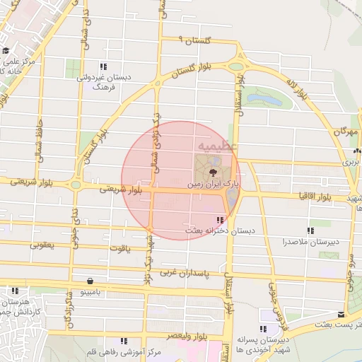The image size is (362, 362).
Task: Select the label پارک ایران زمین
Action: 214,183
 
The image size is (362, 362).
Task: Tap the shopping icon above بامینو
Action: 89,280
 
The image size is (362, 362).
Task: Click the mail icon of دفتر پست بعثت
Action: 341,314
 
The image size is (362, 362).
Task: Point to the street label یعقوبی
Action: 42,245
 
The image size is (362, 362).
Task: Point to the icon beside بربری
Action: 358,150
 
